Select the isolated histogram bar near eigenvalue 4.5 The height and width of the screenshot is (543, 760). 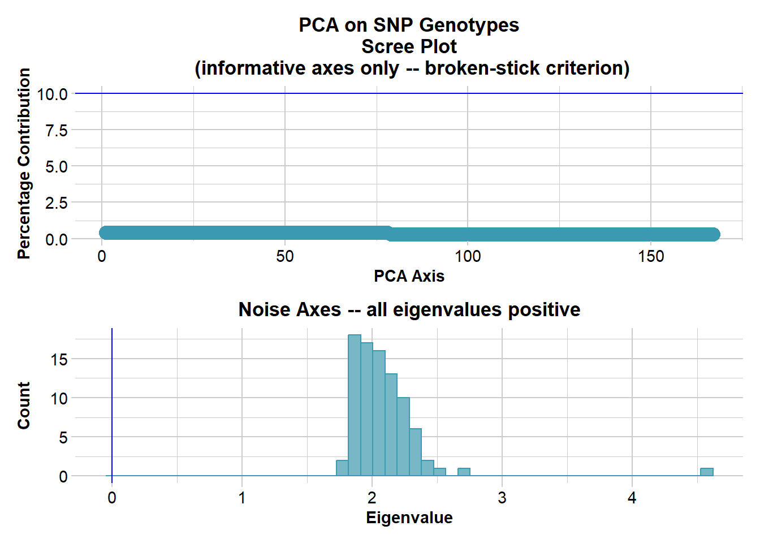(706, 472)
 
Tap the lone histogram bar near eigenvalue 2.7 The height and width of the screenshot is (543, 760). (464, 472)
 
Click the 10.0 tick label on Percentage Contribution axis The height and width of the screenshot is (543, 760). (52, 94)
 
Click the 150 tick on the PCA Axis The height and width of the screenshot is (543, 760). (651, 257)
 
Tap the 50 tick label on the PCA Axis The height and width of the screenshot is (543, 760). (285, 257)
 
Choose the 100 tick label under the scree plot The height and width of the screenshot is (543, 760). (468, 257)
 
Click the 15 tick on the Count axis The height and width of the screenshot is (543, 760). (59, 360)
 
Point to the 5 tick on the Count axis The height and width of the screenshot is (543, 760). (63, 438)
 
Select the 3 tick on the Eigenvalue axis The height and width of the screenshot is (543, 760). (502, 498)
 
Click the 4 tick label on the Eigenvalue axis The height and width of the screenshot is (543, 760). (632, 498)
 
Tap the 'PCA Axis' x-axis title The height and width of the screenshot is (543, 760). (409, 276)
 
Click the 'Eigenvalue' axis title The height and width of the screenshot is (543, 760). (409, 518)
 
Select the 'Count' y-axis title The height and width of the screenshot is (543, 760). (24, 405)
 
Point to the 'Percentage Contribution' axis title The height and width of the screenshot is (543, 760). (24, 164)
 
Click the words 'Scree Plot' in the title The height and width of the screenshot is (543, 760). (409, 46)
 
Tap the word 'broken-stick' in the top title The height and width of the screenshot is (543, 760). (482, 68)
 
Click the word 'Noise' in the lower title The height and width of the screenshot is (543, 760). (262, 309)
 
